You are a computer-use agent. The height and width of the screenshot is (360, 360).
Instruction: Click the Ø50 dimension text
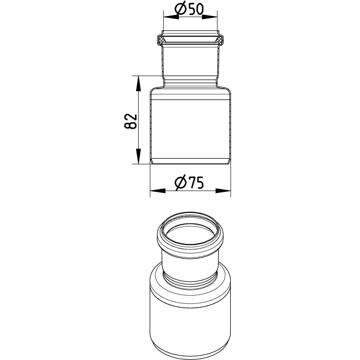click(189, 9)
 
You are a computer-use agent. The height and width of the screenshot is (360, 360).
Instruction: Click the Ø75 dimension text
click(189, 183)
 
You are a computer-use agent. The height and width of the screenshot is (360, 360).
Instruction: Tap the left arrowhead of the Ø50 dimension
click(171, 17)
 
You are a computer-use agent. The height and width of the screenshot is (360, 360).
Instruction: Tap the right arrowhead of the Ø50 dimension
click(209, 17)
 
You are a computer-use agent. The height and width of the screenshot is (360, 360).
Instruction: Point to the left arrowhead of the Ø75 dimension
click(158, 191)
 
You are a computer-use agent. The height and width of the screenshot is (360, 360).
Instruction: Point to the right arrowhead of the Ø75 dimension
click(223, 191)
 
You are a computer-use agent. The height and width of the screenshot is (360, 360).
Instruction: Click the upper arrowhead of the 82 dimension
click(138, 84)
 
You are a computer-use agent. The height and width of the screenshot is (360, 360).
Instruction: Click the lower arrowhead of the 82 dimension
click(138, 156)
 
